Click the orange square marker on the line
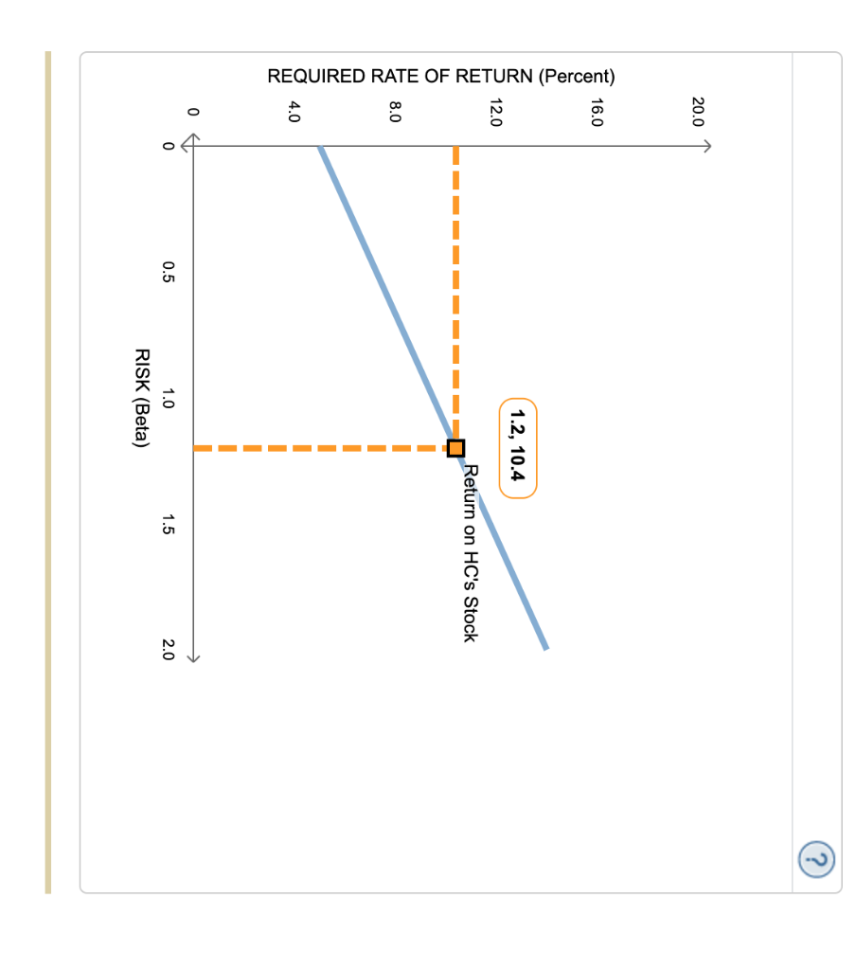tap(455, 447)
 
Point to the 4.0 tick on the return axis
tap(294, 113)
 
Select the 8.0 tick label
tap(395, 113)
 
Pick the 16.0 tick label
tap(597, 113)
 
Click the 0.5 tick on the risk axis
tap(168, 273)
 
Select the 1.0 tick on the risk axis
tap(168, 399)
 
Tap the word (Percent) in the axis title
tap(577, 77)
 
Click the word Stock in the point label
tap(469, 620)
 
